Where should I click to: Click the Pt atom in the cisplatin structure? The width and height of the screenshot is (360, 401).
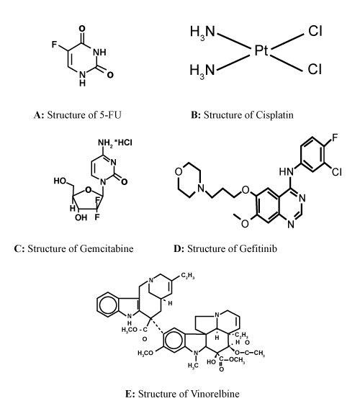[261, 50]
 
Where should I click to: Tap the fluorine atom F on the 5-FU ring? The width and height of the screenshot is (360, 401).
[54, 45]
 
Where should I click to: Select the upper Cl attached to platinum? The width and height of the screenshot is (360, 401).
[315, 31]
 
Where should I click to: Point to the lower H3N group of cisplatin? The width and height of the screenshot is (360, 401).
[202, 71]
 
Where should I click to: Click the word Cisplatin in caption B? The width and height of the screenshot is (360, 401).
[274, 114]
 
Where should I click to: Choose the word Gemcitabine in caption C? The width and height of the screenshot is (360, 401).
[107, 248]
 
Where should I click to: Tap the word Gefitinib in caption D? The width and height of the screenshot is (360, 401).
[258, 248]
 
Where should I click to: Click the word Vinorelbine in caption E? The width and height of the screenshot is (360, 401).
[213, 394]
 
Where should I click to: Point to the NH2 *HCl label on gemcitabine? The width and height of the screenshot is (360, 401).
[115, 143]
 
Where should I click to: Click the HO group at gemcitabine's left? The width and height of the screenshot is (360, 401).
[60, 181]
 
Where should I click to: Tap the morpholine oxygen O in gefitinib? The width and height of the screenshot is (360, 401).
[179, 172]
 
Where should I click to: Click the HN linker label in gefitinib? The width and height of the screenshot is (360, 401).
[287, 171]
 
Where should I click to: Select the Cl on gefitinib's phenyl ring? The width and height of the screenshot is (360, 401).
[337, 172]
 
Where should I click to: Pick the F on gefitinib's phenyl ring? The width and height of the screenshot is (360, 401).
[335, 138]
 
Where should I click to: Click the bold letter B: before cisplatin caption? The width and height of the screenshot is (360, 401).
[196, 115]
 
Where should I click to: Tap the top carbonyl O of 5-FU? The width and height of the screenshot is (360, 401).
[82, 29]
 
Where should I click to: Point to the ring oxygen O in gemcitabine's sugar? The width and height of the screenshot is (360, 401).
[89, 190]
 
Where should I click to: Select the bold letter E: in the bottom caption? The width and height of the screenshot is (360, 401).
[130, 394]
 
